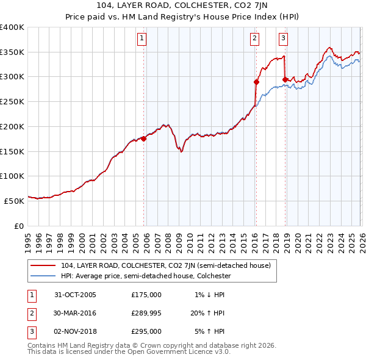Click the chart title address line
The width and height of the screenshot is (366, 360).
(183, 6)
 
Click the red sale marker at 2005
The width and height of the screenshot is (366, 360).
(144, 139)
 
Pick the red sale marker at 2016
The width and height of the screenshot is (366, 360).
(256, 82)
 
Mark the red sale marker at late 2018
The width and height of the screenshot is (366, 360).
(285, 79)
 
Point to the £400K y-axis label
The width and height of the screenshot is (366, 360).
(12, 27)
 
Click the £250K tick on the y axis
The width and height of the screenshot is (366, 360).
(12, 102)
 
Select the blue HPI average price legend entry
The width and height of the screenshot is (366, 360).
(145, 276)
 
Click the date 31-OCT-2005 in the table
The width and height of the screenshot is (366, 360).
(75, 295)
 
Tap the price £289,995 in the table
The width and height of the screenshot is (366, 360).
(146, 313)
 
